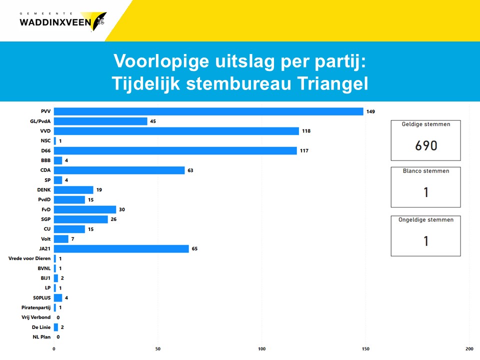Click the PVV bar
(x=208, y=111)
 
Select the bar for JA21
(x=121, y=248)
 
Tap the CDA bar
(x=119, y=170)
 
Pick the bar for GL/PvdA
(x=100, y=121)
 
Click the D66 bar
(x=175, y=150)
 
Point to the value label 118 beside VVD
(x=306, y=131)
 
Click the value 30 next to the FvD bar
(x=122, y=209)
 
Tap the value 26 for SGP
(x=113, y=219)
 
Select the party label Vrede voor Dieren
(x=29, y=258)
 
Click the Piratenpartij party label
(x=36, y=307)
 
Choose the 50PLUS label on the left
(x=42, y=297)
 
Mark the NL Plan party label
(x=41, y=336)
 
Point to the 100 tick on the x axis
(x=261, y=348)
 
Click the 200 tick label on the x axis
(x=469, y=348)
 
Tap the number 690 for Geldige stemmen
(x=426, y=145)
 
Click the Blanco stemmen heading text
(x=426, y=171)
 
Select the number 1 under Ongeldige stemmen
(x=426, y=241)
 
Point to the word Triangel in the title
(x=332, y=84)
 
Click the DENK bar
(x=73, y=190)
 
